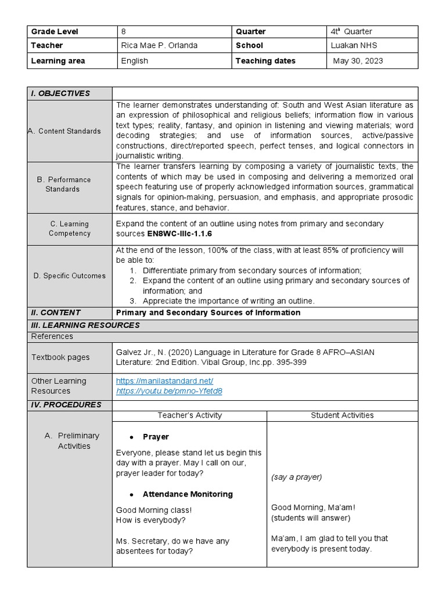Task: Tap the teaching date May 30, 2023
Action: [x=358, y=61]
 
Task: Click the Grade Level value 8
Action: [x=123, y=31]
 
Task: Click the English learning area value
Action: [x=134, y=61]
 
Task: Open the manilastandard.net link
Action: [x=164, y=381]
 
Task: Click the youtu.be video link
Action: [x=169, y=391]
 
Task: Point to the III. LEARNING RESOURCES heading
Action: [x=85, y=325]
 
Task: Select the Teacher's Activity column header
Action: [x=189, y=415]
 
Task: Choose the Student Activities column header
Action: [x=342, y=415]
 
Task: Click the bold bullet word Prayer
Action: [x=156, y=437]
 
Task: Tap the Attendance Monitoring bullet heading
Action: [x=187, y=494]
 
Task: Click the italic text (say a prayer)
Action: [x=296, y=477]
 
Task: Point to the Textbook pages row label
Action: [x=60, y=357]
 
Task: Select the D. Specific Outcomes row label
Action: [x=69, y=276]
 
